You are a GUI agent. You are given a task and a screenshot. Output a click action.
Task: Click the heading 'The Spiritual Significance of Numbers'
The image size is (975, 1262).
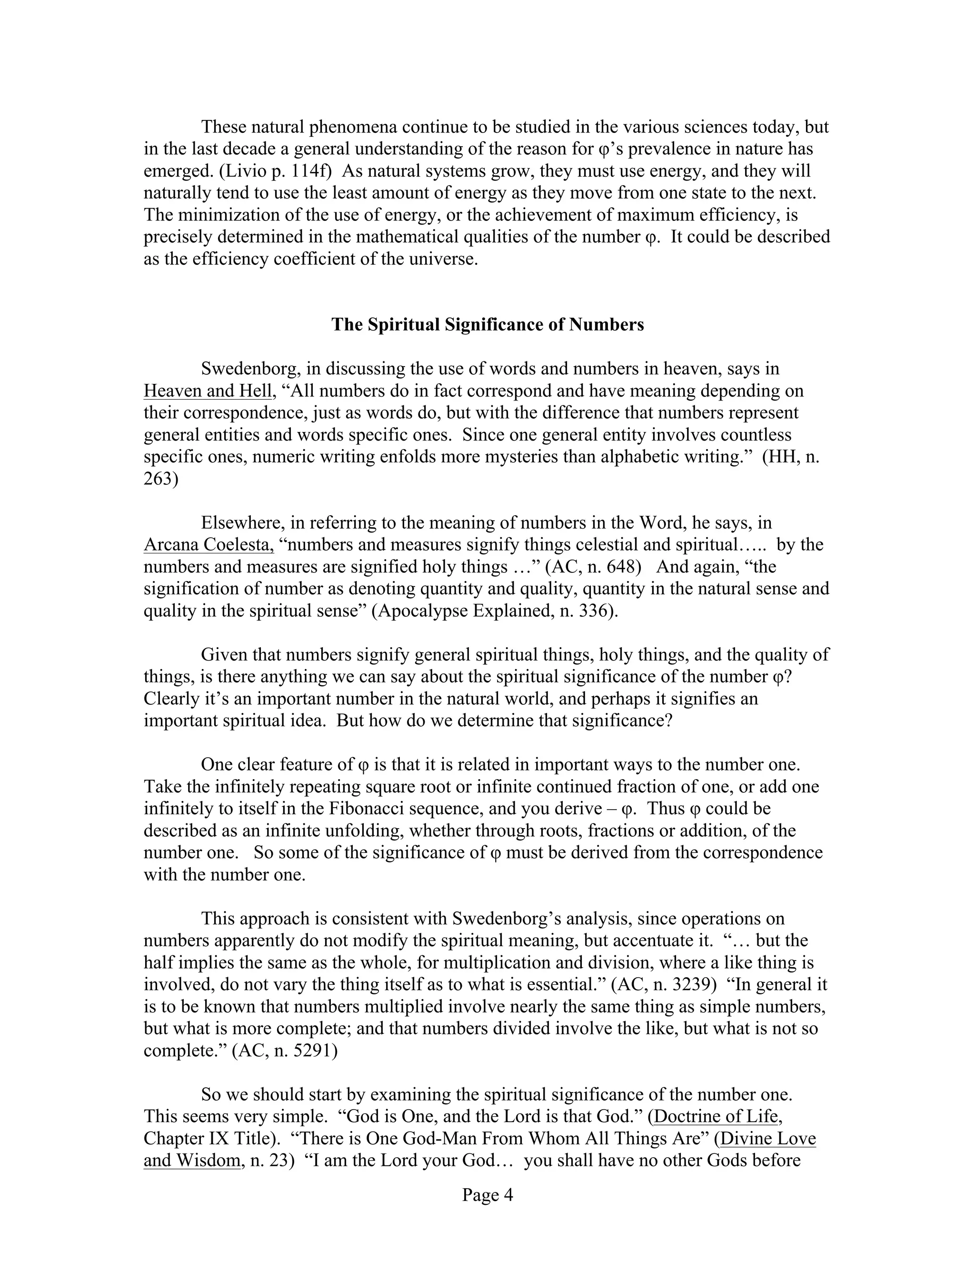[487, 325]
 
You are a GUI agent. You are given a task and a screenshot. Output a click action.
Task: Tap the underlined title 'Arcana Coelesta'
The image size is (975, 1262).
[208, 545]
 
